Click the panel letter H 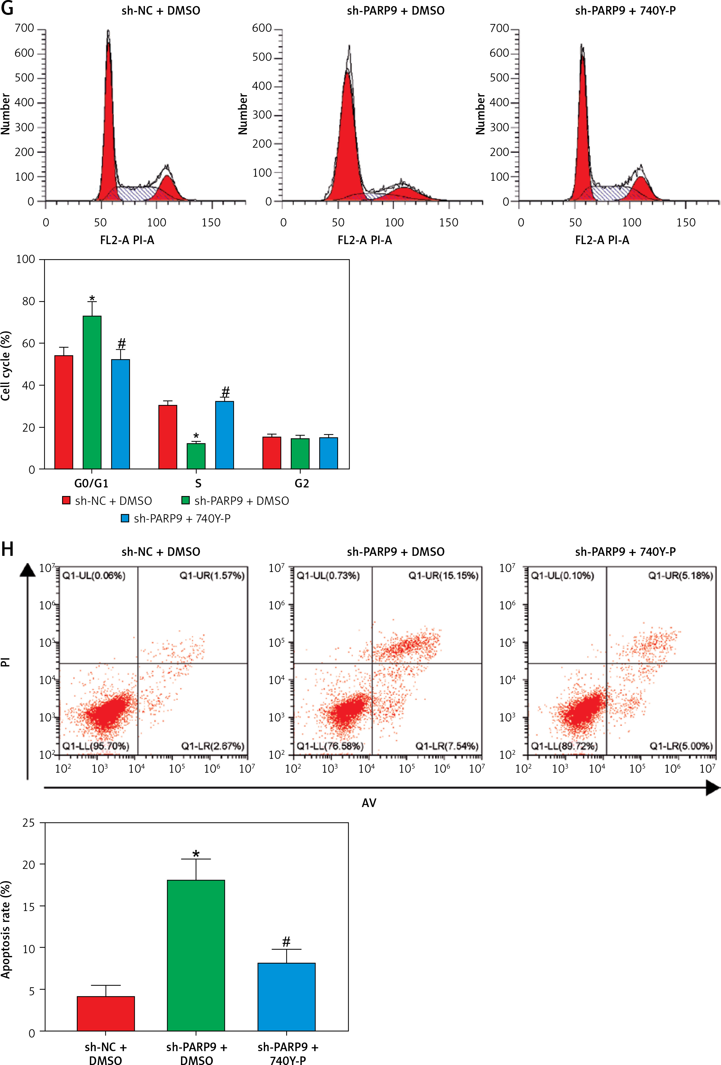7,550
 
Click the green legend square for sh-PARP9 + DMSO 186,500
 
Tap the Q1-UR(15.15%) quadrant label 443,576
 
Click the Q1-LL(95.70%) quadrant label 96,746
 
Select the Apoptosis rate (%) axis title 6,930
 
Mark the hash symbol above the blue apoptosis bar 287,942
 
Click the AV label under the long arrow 369,803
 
